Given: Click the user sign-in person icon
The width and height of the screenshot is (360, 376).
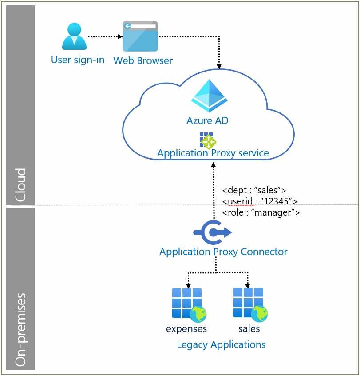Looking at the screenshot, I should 74,36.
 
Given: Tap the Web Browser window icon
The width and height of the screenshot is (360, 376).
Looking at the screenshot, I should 140,36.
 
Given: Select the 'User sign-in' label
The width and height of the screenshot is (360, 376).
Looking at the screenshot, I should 78,60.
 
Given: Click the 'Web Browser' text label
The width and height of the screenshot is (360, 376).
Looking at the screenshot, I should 143,60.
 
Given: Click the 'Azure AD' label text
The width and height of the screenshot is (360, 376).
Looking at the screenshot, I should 208,120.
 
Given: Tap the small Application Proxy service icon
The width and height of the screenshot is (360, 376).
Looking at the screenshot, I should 207,140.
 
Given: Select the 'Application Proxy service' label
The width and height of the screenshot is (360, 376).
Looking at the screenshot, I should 213,153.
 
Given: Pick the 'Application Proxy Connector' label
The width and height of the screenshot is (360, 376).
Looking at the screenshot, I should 223,252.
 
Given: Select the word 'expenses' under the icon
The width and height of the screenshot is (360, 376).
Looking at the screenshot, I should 186,329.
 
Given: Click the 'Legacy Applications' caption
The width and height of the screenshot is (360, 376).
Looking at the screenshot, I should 221,344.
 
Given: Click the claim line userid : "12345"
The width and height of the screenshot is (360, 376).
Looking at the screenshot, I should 260,201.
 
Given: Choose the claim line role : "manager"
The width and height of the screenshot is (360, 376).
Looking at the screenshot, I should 261,212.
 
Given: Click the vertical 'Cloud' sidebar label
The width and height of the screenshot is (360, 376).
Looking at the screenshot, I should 20,185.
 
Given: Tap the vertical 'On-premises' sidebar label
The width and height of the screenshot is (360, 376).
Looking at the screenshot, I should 20,329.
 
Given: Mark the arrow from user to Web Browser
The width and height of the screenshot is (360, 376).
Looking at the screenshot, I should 105,36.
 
